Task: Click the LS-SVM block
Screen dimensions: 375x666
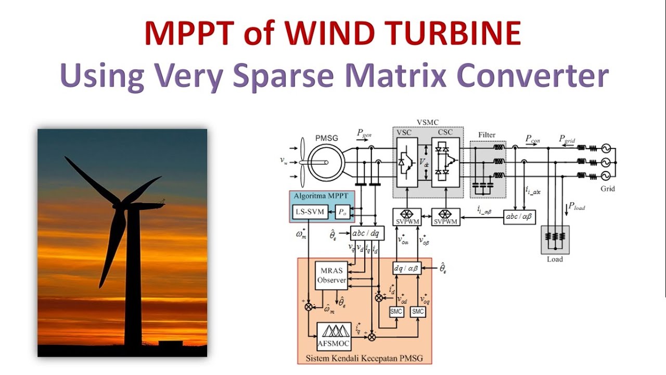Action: coord(309,213)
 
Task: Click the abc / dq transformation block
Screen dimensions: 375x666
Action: coord(367,234)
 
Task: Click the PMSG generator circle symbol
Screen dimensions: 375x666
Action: coord(325,162)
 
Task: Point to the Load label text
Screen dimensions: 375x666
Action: coord(555,259)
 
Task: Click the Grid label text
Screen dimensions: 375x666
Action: coord(607,189)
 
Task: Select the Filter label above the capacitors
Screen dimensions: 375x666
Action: coord(487,135)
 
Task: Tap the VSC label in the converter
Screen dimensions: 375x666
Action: coord(404,132)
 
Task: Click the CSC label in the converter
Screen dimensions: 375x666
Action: coord(445,132)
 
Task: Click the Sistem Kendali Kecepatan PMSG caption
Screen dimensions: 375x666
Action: coord(364,358)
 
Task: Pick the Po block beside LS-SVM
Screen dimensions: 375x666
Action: coord(342,213)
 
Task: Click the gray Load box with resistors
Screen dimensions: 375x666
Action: coord(555,240)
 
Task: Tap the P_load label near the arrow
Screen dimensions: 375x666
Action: coord(577,207)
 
